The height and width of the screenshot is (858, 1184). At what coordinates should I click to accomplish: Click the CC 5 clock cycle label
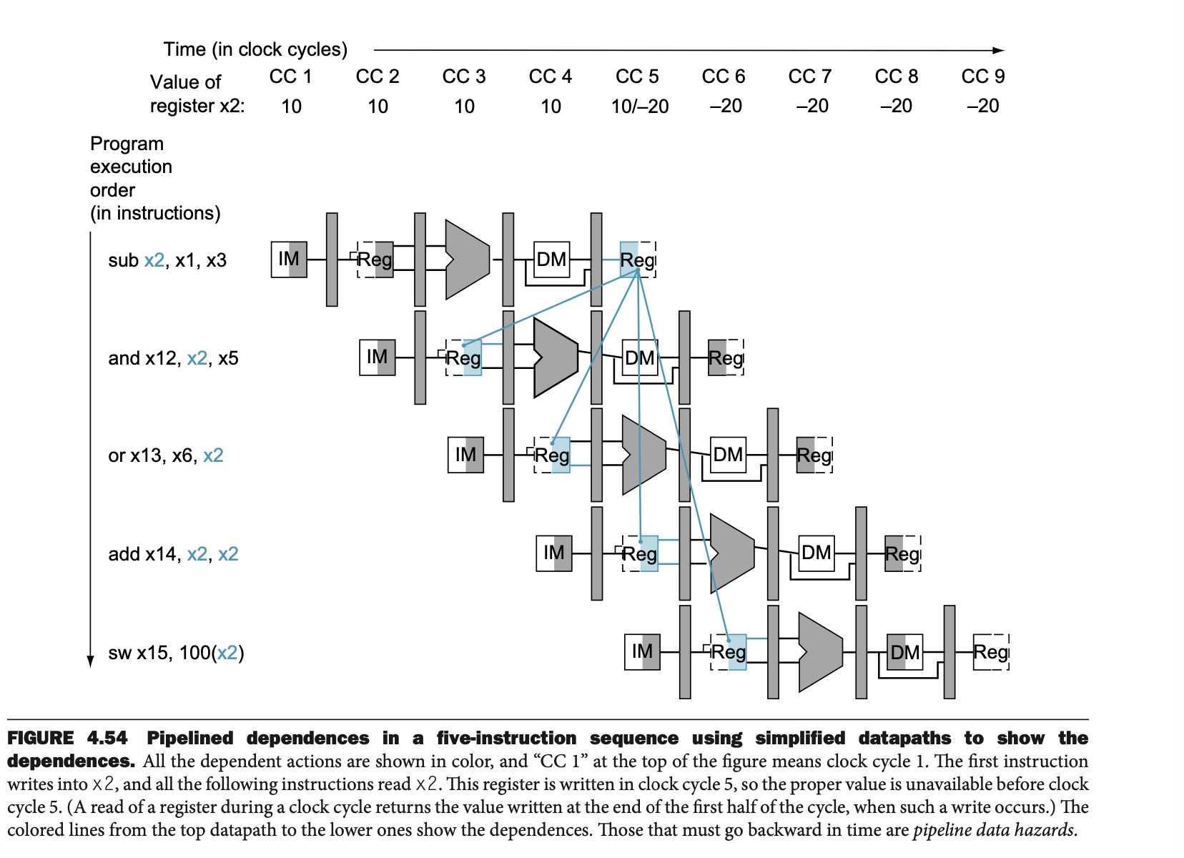[637, 77]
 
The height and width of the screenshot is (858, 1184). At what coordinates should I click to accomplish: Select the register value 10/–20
[640, 107]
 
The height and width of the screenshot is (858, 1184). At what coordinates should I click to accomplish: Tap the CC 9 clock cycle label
[983, 77]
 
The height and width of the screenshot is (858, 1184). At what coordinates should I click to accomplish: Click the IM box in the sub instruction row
[289, 259]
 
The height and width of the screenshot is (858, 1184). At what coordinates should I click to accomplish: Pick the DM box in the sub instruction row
[552, 259]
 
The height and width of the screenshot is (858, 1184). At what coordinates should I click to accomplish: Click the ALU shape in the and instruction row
[555, 357]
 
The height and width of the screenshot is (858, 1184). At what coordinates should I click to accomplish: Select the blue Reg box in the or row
[553, 455]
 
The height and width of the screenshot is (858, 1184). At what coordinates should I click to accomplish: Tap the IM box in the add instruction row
[554, 553]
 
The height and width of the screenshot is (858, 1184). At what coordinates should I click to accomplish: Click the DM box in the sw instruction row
[904, 651]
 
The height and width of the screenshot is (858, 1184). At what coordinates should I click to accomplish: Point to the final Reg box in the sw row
[991, 651]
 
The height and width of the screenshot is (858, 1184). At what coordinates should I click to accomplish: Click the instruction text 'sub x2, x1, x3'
[167, 260]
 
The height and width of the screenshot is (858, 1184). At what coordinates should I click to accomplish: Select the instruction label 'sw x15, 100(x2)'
[176, 653]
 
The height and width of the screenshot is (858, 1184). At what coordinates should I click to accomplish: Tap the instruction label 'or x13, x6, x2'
[166, 455]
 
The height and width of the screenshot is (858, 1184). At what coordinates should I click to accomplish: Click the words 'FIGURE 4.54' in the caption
[67, 738]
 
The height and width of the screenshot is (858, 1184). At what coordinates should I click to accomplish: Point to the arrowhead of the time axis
[999, 50]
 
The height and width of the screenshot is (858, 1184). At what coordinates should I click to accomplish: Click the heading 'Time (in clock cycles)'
[255, 49]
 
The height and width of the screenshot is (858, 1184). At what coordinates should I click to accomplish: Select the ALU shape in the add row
[731, 553]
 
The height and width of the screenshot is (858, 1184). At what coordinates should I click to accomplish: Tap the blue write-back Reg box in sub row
[637, 259]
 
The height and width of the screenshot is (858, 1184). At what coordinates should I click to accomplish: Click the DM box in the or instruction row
[728, 455]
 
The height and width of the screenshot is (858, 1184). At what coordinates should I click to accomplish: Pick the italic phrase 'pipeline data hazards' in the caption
[993, 830]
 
